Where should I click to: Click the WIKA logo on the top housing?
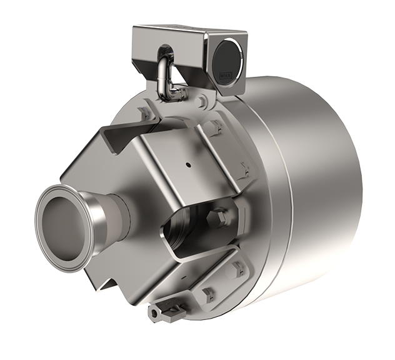click(224, 76)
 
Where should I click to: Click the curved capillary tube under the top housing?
click(164, 74)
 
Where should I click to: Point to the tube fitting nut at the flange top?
click(177, 94)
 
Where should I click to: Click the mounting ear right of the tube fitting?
click(202, 100)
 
